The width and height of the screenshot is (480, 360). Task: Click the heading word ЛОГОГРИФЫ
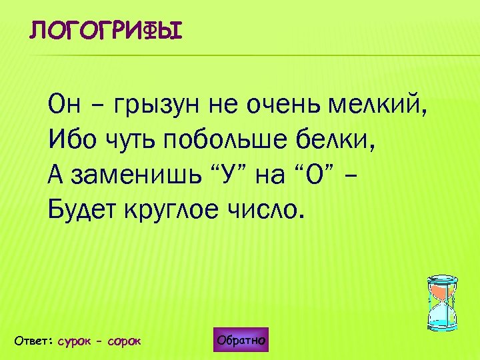click(105, 31)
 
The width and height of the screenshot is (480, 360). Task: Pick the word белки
click(338, 141)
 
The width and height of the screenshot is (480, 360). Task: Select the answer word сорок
click(124, 341)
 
